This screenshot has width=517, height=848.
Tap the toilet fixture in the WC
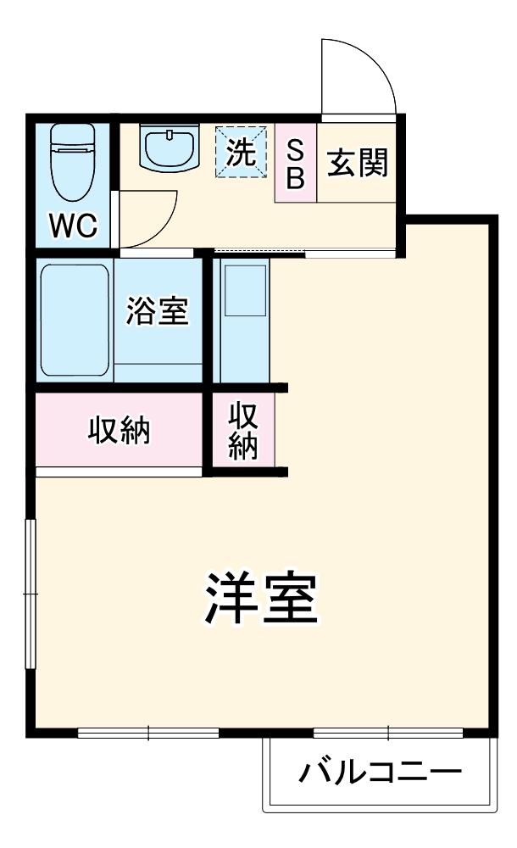coord(73,170)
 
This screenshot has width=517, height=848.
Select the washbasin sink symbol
coord(170,150)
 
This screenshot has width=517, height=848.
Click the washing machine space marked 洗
coord(240,153)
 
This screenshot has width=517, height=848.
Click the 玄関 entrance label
coord(357,164)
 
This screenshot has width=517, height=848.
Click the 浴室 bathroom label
coord(157,312)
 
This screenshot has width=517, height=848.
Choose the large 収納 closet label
coord(120,431)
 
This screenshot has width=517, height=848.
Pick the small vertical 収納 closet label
coord(244,431)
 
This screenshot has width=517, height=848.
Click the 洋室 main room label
coord(260,600)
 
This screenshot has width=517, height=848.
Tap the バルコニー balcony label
coord(381,773)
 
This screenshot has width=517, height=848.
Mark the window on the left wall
coord(31,594)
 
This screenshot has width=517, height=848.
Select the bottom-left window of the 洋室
coord(148,733)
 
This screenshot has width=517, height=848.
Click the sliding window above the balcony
coord(387,733)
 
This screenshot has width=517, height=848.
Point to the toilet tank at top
coord(73,135)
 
